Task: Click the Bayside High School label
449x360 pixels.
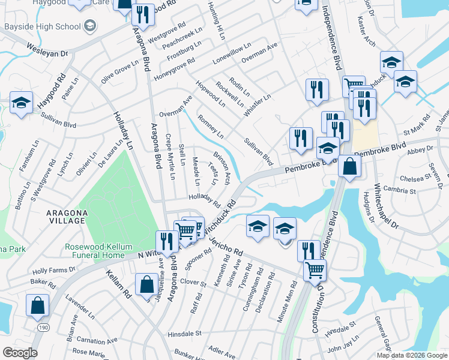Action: tap(42, 26)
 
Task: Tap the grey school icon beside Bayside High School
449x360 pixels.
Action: tap(90, 26)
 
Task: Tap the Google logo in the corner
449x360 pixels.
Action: tap(19, 353)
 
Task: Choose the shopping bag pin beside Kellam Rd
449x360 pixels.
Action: tap(147, 284)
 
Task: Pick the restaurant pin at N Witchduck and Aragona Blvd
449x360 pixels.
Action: tap(167, 241)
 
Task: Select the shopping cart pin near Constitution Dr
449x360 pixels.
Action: tap(315, 271)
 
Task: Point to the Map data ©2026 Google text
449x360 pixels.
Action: tap(411, 355)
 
